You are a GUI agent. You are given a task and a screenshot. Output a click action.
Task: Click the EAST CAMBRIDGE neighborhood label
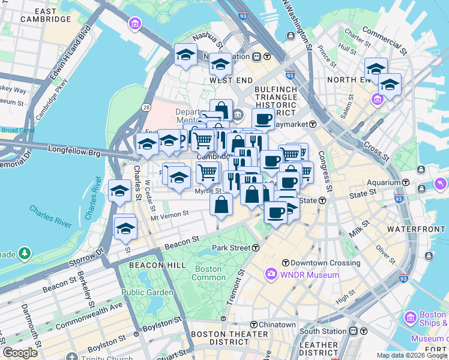[x=46, y=15]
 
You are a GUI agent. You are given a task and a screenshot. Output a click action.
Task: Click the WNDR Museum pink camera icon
[x=271, y=275]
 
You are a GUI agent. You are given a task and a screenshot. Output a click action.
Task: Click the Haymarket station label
[x=300, y=124]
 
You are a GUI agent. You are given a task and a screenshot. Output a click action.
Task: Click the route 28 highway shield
[x=146, y=107]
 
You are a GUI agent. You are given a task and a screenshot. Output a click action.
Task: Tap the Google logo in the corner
[x=20, y=352]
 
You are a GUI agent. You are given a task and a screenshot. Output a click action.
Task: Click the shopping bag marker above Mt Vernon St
[x=221, y=205]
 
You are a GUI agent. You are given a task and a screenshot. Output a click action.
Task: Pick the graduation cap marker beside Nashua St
[x=185, y=56]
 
